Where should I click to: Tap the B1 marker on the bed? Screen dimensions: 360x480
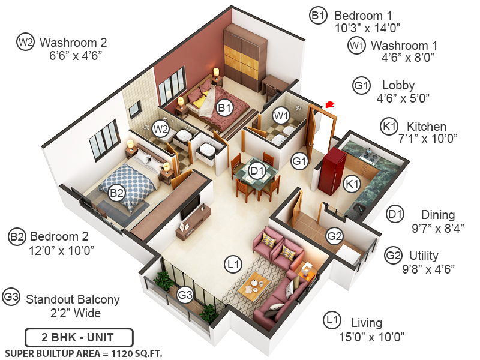(224, 108)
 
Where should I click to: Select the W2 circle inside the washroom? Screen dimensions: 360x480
(160, 128)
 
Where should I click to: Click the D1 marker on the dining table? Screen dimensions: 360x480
(257, 172)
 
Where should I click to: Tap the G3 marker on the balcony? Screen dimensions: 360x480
(185, 294)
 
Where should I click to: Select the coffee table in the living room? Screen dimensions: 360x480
(256, 286)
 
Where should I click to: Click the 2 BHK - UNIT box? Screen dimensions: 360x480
(79, 337)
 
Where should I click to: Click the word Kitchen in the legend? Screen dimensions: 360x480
(427, 127)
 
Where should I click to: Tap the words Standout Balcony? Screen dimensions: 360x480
(73, 299)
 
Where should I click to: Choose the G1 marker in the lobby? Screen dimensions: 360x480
(299, 160)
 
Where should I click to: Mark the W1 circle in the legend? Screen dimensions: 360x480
(356, 45)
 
